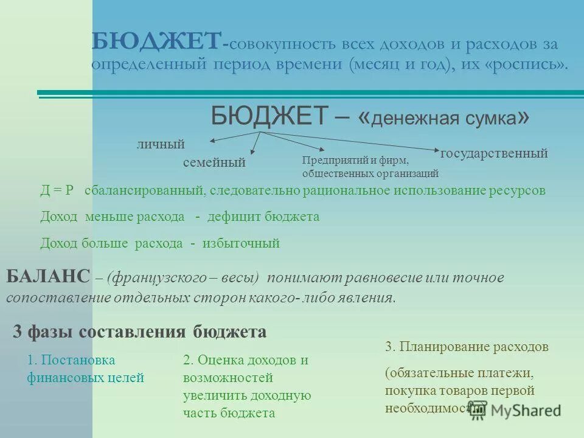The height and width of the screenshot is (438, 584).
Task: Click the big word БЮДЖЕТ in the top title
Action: coord(156,43)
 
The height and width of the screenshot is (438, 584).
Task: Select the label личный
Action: coord(161,144)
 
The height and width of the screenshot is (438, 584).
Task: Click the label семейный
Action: coord(214,162)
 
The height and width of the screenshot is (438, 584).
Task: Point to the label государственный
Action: coord(493,153)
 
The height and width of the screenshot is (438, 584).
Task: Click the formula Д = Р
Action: coord(57,190)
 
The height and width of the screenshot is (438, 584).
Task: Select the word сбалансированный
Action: coord(144,190)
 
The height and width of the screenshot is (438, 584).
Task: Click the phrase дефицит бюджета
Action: coord(263,217)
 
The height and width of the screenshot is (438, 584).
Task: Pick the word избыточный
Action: coord(242,243)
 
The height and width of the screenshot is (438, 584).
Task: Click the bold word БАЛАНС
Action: coord(49,277)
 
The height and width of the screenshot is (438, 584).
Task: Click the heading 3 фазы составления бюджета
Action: coord(139,332)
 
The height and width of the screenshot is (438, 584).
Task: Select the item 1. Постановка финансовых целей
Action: coord(85,369)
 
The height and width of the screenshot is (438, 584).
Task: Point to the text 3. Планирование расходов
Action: coord(467,347)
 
